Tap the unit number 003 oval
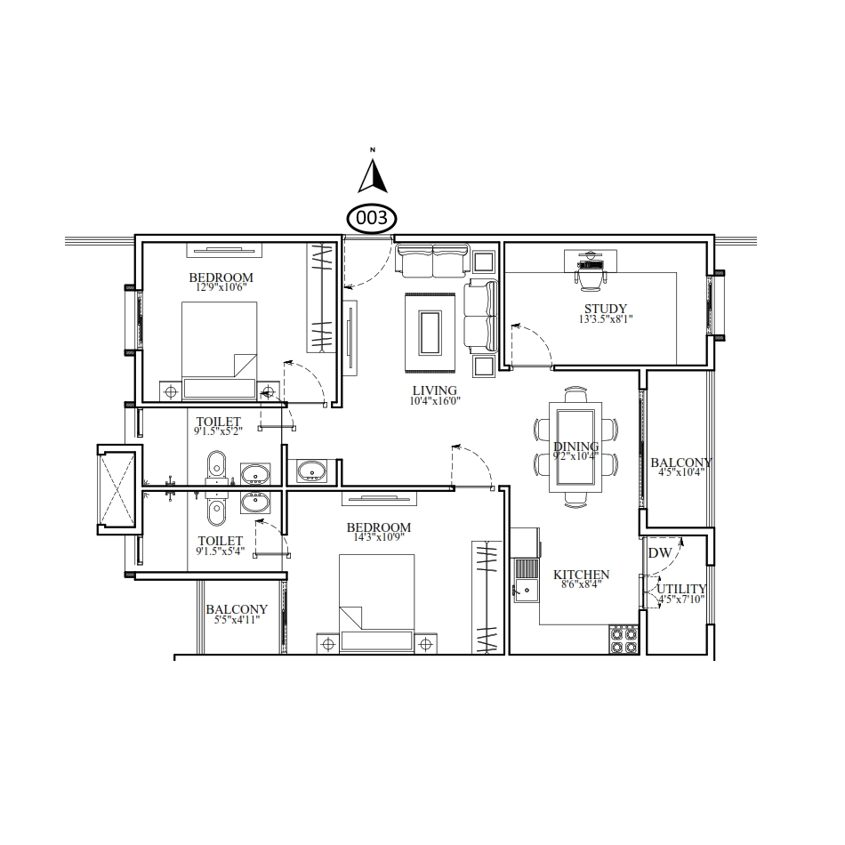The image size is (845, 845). tap(371, 218)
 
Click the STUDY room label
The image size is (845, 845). tap(606, 309)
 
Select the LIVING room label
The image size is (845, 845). tap(435, 390)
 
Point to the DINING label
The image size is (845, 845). tap(575, 447)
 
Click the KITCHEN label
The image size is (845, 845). tap(581, 575)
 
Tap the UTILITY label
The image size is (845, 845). tap(681, 589)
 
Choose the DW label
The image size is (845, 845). tap(660, 553)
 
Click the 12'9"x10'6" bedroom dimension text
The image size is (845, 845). tap(221, 287)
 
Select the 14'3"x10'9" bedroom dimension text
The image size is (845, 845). tap(379, 537)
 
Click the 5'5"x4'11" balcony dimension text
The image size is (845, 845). tap(237, 620)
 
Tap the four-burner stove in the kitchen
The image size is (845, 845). tap(624, 640)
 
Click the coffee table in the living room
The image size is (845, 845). tap(430, 332)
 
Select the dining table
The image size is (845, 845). tap(575, 447)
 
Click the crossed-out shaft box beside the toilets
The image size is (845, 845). tap(116, 489)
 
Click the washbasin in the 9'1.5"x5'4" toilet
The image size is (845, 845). tap(255, 503)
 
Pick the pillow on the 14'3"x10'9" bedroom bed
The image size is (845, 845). tap(377, 640)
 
